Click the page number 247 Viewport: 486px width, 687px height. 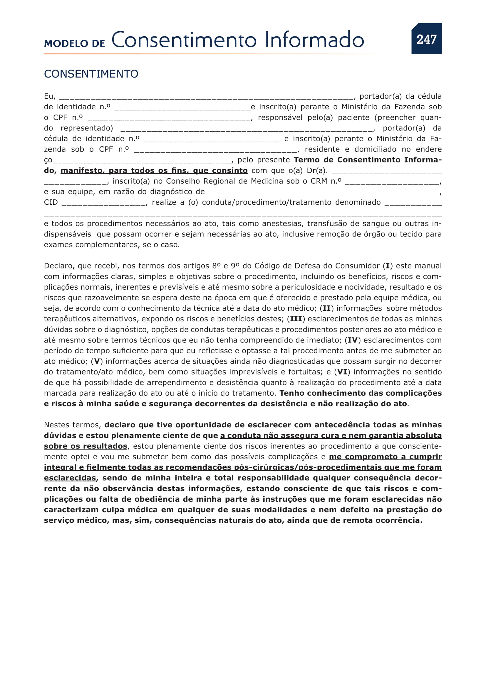[x=426, y=39]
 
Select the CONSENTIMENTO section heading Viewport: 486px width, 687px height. [x=91, y=74]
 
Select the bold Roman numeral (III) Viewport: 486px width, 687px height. [x=296, y=319]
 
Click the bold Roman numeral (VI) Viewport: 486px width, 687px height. [x=342, y=372]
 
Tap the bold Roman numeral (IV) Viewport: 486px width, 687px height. [x=353, y=340]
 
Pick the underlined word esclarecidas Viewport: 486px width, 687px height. [x=70, y=478]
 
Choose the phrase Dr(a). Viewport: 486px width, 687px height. [x=317, y=171]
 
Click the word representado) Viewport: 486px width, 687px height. [x=87, y=128]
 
